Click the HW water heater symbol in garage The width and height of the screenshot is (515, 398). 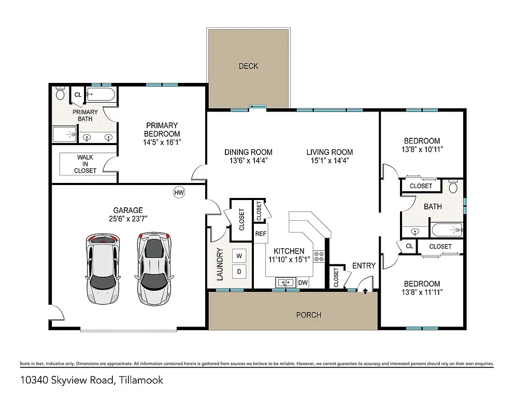[179, 193]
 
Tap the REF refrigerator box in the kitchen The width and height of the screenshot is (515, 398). [261, 234]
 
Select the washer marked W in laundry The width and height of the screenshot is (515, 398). [239, 255]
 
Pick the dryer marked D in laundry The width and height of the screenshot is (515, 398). [239, 271]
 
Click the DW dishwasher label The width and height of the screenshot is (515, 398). [303, 283]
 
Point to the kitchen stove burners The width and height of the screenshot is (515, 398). [320, 256]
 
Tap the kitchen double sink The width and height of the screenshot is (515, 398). [285, 282]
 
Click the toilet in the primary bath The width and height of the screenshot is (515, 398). [60, 94]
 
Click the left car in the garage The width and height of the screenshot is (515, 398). [103, 268]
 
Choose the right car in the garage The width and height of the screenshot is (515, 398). [154, 268]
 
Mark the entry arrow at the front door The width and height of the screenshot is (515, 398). [366, 291]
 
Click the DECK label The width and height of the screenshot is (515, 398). [248, 66]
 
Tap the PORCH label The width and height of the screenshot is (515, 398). [308, 315]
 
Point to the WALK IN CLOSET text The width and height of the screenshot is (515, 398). [85, 163]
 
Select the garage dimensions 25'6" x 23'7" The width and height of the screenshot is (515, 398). [128, 218]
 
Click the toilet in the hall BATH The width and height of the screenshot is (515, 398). [453, 187]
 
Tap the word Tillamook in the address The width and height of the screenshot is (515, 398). [141, 380]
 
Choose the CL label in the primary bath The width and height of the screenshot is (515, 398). [78, 94]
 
